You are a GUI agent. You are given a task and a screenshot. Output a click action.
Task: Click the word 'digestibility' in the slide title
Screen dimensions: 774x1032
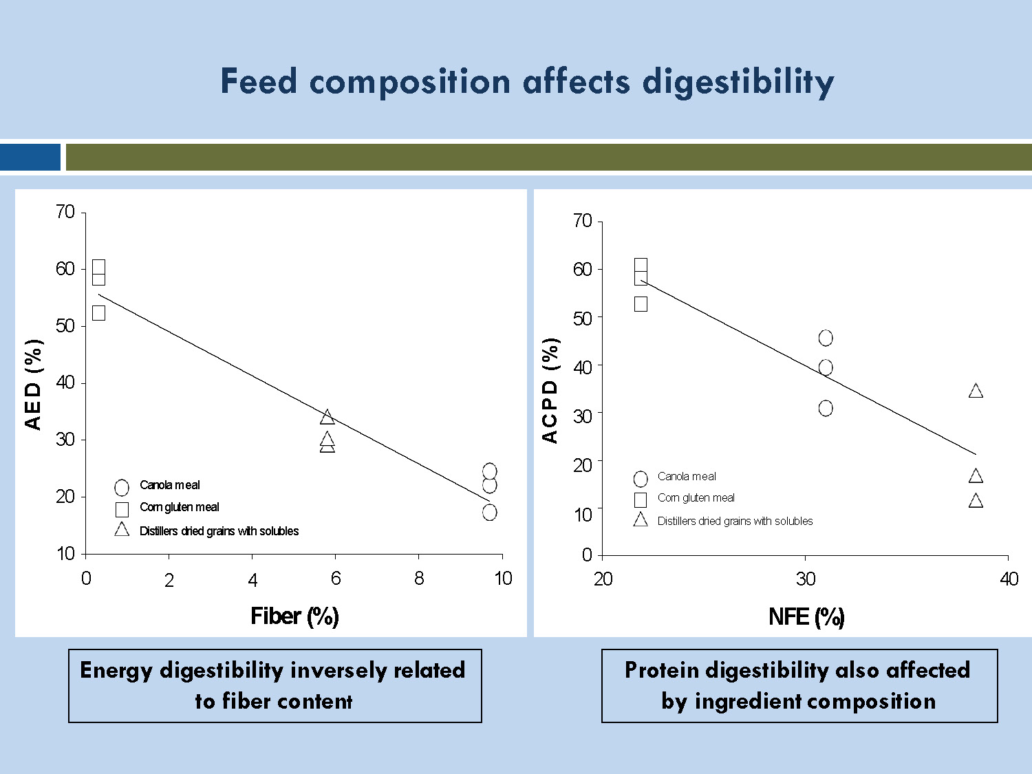[738, 83]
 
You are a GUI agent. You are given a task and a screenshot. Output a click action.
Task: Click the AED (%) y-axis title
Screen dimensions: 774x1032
[33, 384]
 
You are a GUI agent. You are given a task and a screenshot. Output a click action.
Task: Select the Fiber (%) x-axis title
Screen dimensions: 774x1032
[294, 616]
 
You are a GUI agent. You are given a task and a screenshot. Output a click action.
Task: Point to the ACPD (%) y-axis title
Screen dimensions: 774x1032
[550, 390]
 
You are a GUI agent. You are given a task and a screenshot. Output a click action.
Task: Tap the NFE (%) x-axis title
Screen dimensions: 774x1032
[806, 616]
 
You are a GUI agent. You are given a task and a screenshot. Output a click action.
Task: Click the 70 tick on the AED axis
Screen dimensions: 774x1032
[65, 212]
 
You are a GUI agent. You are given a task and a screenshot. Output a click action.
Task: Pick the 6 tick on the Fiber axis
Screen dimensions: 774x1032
[335, 579]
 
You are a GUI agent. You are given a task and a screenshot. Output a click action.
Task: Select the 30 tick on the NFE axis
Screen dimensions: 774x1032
[805, 579]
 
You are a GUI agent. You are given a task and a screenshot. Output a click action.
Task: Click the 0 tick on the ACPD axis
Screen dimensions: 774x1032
[586, 555]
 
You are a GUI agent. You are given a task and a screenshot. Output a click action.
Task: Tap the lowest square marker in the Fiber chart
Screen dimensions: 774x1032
[98, 313]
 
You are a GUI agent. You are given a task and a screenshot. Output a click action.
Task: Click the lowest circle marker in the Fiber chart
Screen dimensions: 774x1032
[489, 513]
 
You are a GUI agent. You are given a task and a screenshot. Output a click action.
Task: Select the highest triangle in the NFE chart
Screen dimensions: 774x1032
[976, 391]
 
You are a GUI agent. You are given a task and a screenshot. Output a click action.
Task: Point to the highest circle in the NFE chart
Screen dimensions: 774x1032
[826, 338]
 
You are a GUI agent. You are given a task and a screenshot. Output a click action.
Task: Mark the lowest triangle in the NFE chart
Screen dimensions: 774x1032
[976, 501]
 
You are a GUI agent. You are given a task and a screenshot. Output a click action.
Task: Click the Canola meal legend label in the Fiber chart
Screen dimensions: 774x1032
[169, 485]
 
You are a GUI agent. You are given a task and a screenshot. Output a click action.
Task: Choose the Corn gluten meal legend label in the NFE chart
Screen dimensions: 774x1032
[696, 498]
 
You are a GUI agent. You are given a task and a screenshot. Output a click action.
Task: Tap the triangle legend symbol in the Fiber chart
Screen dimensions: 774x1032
[122, 530]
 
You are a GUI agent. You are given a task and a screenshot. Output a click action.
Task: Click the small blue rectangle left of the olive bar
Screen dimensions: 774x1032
[30, 157]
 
